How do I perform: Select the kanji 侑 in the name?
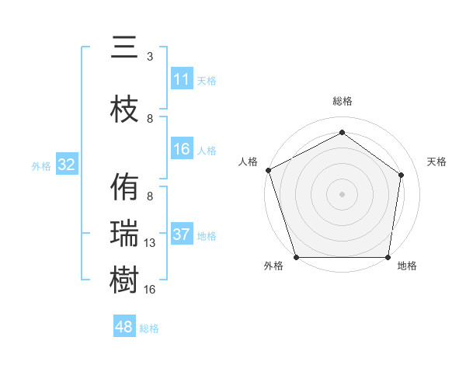pos(124,187)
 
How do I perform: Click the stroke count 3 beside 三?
pos(150,57)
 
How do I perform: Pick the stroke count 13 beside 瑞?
pos(150,243)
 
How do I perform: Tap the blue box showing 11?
pos(182,79)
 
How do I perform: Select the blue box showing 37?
pos(182,235)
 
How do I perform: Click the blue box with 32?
pos(66,165)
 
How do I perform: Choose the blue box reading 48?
pos(124,327)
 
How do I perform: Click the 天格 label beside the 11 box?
pos(207,81)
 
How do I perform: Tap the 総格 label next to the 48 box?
pos(149,328)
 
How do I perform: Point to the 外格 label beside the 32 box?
pos(41,166)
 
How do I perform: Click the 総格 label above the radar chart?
pos(343,101)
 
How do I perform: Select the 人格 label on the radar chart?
pos(249,162)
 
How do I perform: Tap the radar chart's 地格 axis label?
pos(407,266)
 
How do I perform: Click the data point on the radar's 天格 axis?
pos(402,174)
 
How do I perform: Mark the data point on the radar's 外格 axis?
pos(297,257)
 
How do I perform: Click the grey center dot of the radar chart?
pos(343,193)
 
